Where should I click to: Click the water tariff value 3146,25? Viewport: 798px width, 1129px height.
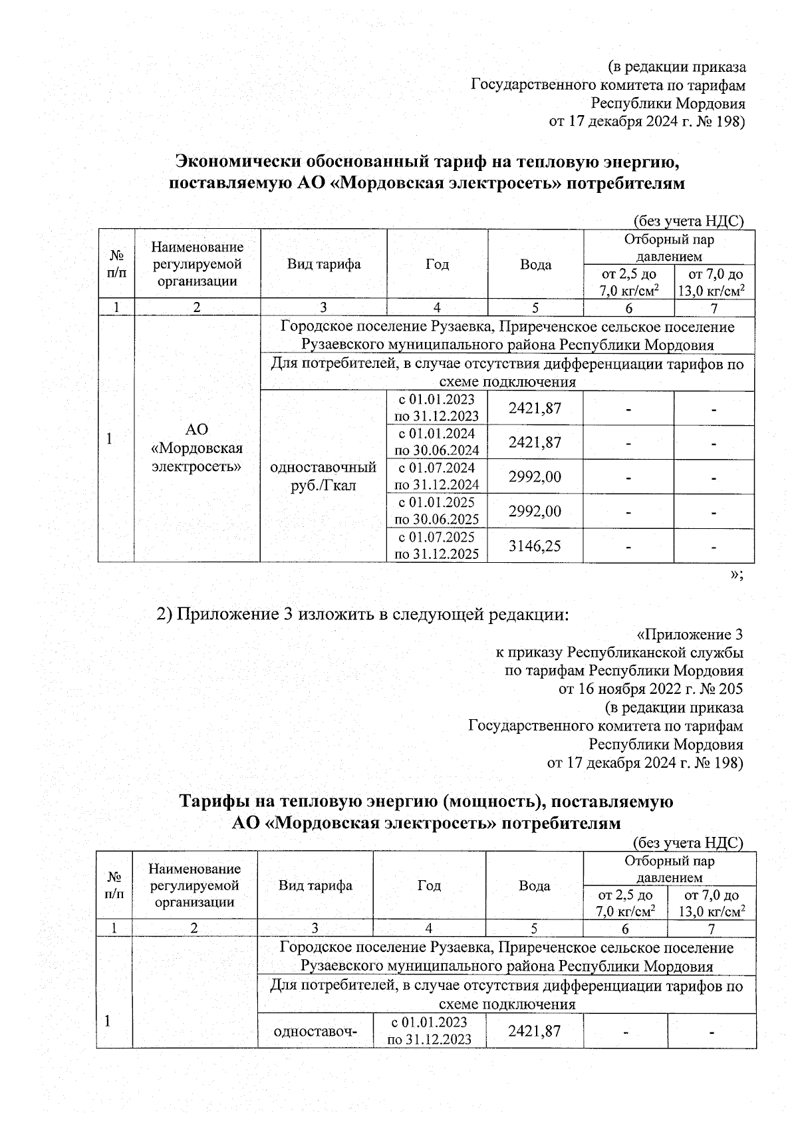click(535, 546)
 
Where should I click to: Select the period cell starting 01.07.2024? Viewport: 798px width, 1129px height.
click(436, 476)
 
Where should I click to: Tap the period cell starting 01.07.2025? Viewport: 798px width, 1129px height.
click(436, 545)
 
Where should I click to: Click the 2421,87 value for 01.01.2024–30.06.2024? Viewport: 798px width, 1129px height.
click(535, 442)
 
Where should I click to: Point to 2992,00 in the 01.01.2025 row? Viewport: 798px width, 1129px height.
click(535, 511)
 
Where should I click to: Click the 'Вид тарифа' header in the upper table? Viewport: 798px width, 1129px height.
click(323, 264)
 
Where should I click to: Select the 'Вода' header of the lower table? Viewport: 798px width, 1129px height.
click(534, 886)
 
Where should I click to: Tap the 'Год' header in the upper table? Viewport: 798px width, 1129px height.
click(436, 264)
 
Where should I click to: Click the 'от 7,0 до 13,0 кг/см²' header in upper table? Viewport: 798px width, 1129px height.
click(714, 282)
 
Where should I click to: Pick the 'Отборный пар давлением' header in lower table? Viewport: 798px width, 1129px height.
click(669, 869)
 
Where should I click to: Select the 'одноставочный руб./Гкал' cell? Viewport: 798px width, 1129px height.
click(323, 476)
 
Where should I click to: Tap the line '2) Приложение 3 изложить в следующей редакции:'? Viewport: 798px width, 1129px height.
click(362, 614)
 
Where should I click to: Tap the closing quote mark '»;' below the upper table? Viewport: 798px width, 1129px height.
click(736, 575)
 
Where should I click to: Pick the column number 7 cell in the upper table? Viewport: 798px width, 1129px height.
click(714, 307)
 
